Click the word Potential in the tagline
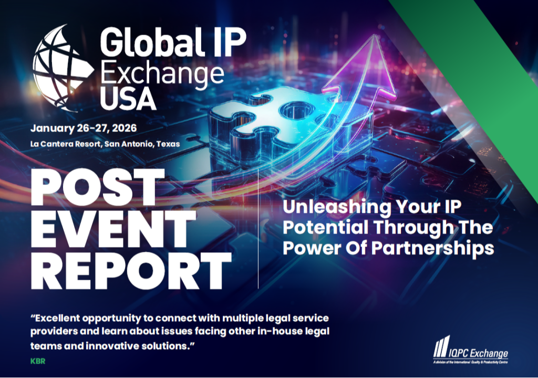click(x=318, y=228)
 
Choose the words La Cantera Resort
click(x=63, y=144)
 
